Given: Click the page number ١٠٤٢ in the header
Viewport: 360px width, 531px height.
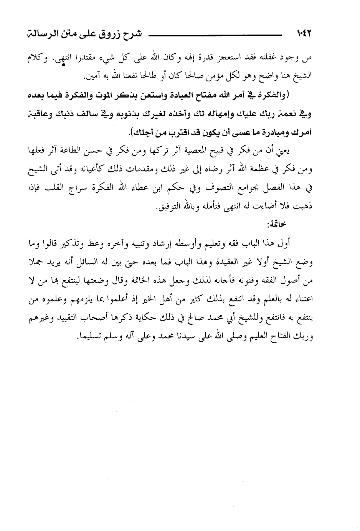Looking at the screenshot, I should tap(303, 34).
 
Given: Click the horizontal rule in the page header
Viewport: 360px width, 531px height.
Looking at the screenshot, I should tap(211, 35).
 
